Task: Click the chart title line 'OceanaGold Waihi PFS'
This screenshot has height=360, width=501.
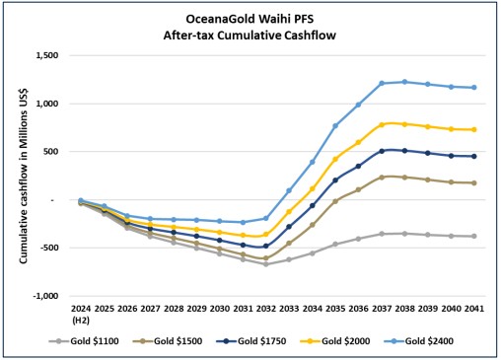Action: click(x=250, y=19)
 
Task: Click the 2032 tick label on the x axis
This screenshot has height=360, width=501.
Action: click(x=264, y=310)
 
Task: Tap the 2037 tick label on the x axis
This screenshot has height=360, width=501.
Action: click(x=381, y=310)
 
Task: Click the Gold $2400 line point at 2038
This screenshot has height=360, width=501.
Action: click(x=404, y=82)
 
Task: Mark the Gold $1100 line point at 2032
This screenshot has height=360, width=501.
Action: click(x=264, y=264)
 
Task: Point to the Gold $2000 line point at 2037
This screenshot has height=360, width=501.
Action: click(x=381, y=125)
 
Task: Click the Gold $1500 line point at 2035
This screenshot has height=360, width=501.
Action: click(x=334, y=200)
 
